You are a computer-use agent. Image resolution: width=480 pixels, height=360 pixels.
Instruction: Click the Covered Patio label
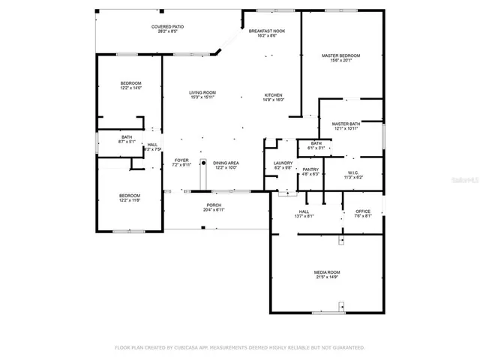click(x=168, y=26)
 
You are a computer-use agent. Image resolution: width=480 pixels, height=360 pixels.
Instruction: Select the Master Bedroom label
click(x=341, y=55)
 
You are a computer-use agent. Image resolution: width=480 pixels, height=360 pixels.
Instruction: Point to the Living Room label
click(x=202, y=92)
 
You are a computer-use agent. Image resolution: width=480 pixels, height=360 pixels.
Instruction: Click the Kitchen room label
click(x=273, y=95)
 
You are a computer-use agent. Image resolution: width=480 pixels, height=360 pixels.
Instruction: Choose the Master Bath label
click(x=346, y=124)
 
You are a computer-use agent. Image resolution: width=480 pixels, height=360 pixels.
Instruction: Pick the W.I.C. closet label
click(x=353, y=172)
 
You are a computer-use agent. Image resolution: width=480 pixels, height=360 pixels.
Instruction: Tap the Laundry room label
click(x=283, y=163)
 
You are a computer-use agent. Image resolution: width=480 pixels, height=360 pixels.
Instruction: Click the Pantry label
click(x=310, y=169)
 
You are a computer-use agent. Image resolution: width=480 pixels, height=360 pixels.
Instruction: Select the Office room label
click(x=363, y=211)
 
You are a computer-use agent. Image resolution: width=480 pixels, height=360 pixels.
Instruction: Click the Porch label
click(x=214, y=205)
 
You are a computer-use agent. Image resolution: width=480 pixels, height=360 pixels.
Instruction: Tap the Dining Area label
click(x=226, y=163)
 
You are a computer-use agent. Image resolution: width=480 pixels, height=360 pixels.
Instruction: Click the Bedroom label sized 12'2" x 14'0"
click(x=131, y=83)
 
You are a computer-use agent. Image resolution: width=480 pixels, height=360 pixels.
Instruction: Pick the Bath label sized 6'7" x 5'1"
click(x=127, y=136)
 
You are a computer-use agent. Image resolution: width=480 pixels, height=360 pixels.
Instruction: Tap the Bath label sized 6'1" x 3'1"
click(x=316, y=143)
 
